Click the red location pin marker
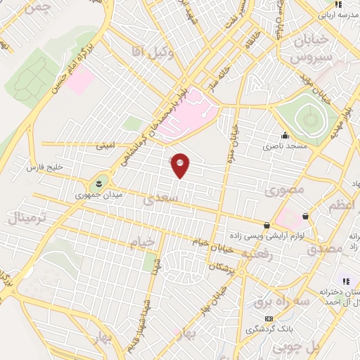point(181,165)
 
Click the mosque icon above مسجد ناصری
point(285,136)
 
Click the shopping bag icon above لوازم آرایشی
point(267,226)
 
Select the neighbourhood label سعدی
point(157,200)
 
